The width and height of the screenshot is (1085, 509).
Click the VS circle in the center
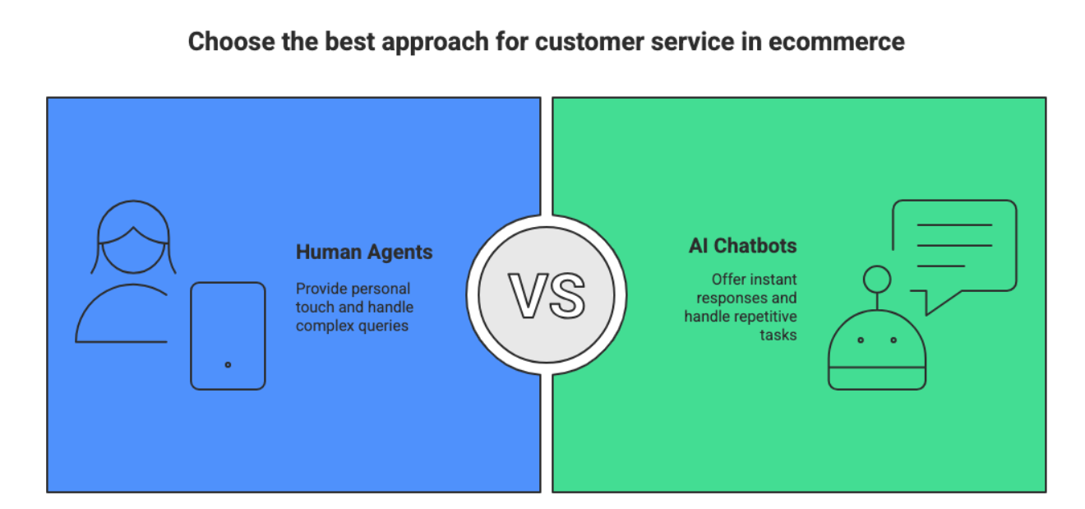point(547,294)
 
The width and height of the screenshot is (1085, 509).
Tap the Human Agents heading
point(364,252)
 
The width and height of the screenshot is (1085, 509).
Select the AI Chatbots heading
point(742,246)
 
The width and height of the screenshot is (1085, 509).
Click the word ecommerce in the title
point(837,42)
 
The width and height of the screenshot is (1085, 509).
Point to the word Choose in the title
point(232,42)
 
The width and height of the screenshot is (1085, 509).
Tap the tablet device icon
point(228,335)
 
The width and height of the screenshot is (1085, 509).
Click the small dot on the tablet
point(228,364)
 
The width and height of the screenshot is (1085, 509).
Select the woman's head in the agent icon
point(133,237)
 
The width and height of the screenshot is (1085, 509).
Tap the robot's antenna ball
point(877,280)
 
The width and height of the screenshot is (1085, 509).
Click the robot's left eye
point(861,340)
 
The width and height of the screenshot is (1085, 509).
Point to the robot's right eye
point(893,340)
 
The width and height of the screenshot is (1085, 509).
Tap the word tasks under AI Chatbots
point(778,335)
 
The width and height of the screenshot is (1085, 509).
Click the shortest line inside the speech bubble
point(940,266)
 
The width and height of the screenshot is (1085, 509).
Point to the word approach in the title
point(435,43)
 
